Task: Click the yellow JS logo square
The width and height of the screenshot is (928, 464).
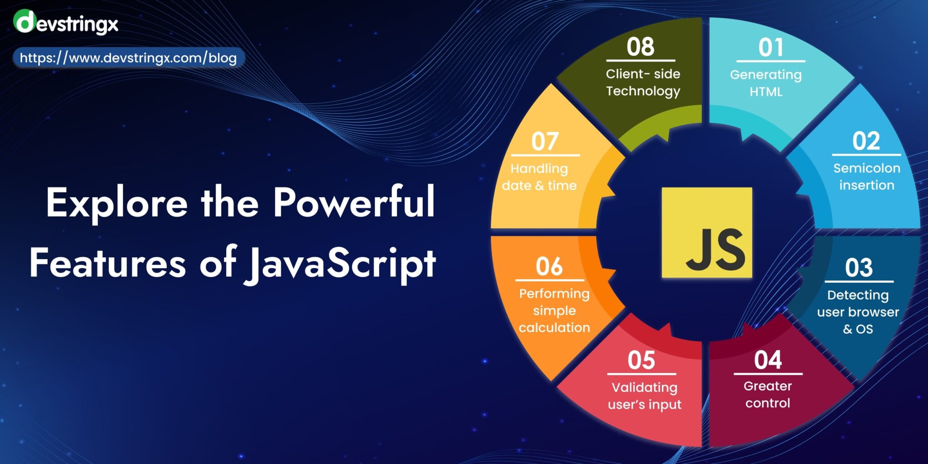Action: tap(706, 232)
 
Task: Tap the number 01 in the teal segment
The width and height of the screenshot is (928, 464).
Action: tap(770, 47)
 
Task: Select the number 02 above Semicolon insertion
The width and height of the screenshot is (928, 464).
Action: tap(866, 141)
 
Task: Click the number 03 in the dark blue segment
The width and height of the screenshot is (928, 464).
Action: tap(859, 267)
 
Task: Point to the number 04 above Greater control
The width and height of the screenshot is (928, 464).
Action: tap(768, 360)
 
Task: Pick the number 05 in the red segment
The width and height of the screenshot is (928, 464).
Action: tap(641, 361)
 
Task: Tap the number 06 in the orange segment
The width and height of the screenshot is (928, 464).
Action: tap(549, 266)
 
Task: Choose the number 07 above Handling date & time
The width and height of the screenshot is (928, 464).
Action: tap(545, 141)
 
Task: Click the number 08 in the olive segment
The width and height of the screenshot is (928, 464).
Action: tap(640, 47)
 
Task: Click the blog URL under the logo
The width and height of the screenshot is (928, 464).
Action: tap(128, 58)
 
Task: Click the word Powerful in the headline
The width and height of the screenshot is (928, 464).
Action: tap(354, 203)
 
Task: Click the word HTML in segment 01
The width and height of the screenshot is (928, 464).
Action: tap(766, 92)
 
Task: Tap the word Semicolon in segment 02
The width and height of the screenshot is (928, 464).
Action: tap(866, 168)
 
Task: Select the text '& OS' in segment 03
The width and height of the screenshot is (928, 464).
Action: tap(858, 329)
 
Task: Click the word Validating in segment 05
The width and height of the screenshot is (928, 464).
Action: tap(644, 387)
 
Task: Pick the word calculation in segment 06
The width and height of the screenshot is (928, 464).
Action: tap(554, 328)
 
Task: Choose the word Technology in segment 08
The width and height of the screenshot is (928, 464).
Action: tap(643, 91)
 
